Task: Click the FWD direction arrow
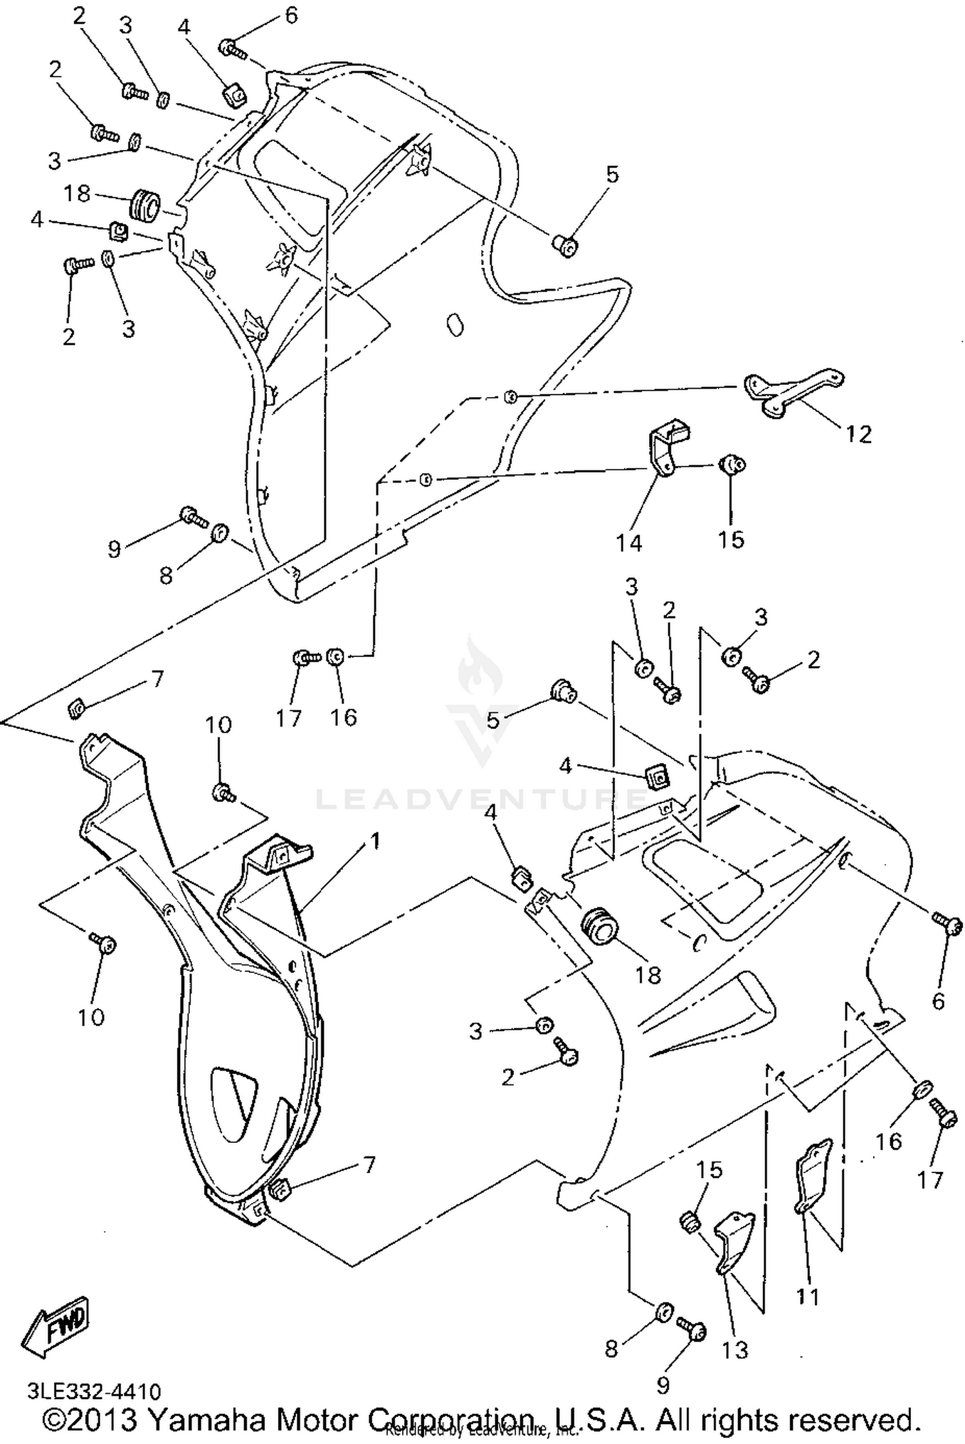[x=56, y=1326]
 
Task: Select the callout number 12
[x=858, y=434]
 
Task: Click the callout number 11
[x=807, y=1297]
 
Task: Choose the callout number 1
[x=374, y=840]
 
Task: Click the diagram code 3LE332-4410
[x=94, y=1392]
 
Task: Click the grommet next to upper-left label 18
[x=145, y=205]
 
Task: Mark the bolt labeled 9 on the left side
[x=192, y=515]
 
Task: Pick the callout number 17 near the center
[x=289, y=717]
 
